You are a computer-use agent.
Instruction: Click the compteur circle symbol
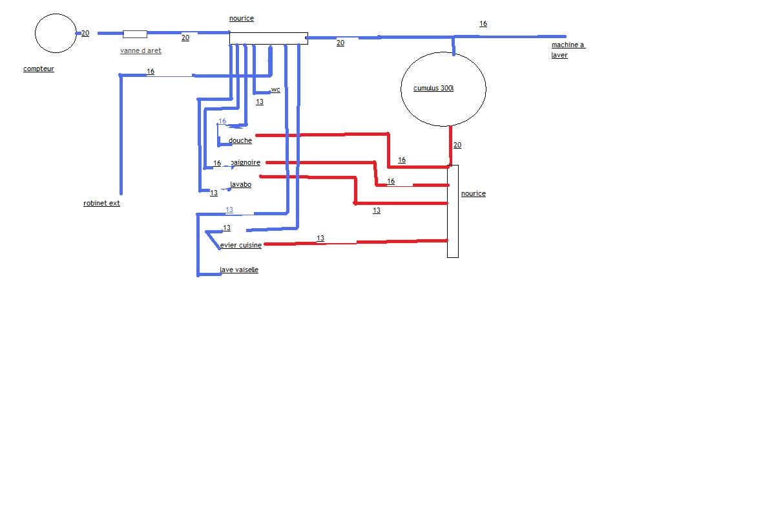click(56, 33)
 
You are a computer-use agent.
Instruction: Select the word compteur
click(39, 69)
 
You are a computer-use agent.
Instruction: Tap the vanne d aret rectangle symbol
click(134, 34)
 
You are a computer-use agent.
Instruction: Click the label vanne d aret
click(140, 50)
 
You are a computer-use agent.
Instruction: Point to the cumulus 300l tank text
click(433, 88)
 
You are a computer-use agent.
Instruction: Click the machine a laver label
click(568, 50)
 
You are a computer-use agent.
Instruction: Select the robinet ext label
click(101, 203)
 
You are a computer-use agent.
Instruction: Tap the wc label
click(275, 89)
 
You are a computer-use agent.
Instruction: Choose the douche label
click(240, 140)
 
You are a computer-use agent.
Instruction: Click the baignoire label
click(245, 162)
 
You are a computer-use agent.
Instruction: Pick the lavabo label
click(241, 184)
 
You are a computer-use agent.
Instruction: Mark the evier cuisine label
click(241, 245)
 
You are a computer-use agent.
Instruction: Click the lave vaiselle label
click(239, 270)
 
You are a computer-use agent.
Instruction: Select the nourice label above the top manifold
click(242, 18)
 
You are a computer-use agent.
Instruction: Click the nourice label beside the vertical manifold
click(474, 193)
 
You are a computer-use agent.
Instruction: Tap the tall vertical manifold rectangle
click(453, 211)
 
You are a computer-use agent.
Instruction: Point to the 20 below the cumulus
click(457, 145)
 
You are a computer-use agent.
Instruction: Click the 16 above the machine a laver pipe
click(483, 23)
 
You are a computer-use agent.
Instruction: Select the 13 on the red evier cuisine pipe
click(320, 238)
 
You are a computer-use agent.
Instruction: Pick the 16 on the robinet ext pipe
click(151, 71)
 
